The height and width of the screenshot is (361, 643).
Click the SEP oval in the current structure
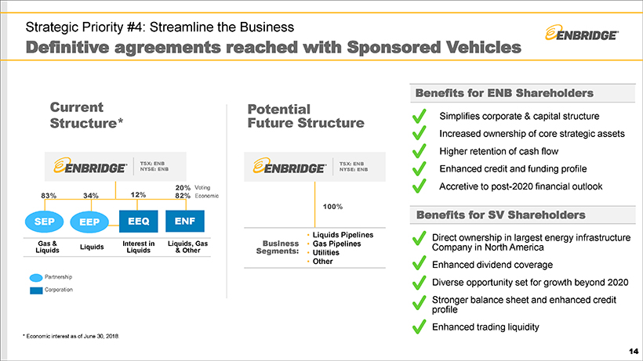tap(44, 222)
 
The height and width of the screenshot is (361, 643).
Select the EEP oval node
tap(89, 222)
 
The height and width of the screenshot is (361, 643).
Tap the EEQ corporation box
tap(137, 222)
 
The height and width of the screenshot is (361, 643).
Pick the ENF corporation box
tap(184, 222)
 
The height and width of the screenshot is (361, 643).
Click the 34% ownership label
tap(90, 196)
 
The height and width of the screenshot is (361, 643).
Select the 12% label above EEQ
tap(138, 195)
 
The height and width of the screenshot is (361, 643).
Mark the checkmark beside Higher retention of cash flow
tap(420, 151)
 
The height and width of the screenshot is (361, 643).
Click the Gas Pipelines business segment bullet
tap(336, 244)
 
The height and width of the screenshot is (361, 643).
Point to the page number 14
tap(633, 352)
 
